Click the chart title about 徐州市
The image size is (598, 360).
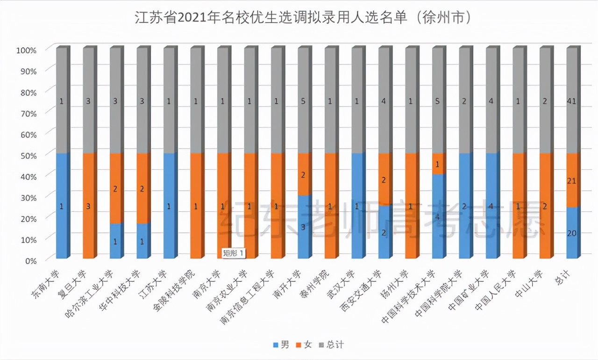click(x=299, y=18)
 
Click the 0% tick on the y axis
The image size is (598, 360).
click(x=29, y=260)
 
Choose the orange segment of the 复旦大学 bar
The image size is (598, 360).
click(x=88, y=206)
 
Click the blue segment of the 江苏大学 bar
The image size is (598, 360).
click(x=169, y=206)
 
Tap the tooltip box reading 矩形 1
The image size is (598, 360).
click(x=234, y=253)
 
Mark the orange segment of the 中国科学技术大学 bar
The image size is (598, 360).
click(x=437, y=164)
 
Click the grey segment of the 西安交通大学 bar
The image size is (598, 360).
click(x=384, y=101)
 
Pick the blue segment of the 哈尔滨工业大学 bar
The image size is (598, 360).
click(x=115, y=241)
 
